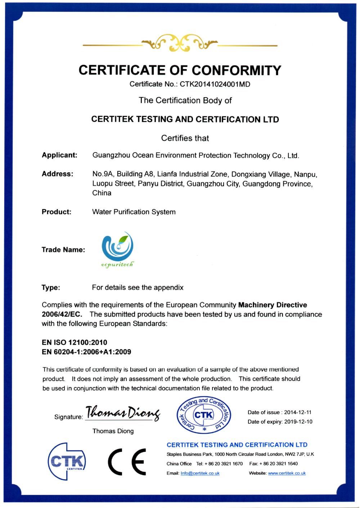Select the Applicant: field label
tap(59, 155)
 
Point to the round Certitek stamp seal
tap(204, 416)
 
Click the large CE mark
tap(127, 462)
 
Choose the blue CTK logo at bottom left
tap(67, 461)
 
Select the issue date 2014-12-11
tap(298, 412)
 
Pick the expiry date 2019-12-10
tap(298, 422)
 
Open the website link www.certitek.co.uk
tap(287, 473)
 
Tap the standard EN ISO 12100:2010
tap(75, 342)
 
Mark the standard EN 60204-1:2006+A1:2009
tap(86, 352)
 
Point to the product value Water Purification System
tap(134, 212)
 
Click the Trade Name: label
tap(63, 250)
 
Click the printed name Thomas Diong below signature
tap(113, 431)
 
